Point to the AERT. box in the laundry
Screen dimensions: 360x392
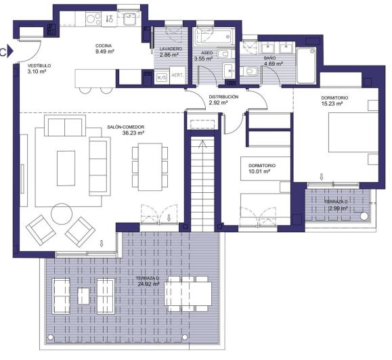[x=178, y=76]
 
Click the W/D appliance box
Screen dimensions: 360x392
[x=162, y=77]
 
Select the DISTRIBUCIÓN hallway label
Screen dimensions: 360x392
[x=223, y=101]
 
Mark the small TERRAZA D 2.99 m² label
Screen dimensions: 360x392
[x=335, y=206]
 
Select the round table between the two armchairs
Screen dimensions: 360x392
[x=61, y=216]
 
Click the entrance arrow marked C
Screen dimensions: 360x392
[x=5, y=51]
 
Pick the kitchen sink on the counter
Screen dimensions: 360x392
[x=131, y=19]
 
